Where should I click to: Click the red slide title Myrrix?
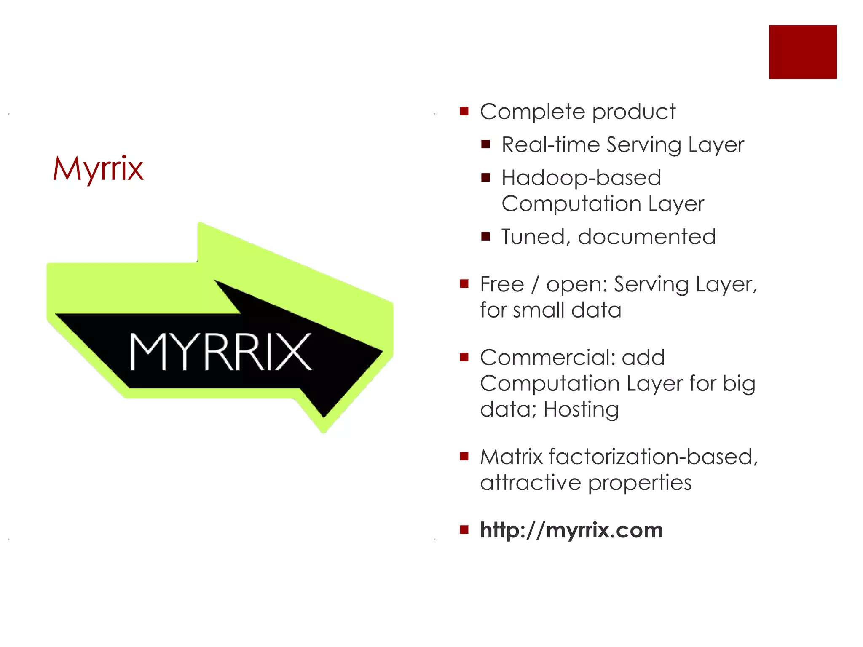click(x=98, y=168)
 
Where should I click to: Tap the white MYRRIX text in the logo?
click(x=220, y=352)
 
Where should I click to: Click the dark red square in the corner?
click(x=802, y=52)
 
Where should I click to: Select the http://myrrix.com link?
click(x=571, y=529)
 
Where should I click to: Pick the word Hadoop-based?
click(x=581, y=178)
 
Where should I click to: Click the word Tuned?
click(x=532, y=237)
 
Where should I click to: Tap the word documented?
click(x=647, y=237)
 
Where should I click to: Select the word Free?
click(x=502, y=284)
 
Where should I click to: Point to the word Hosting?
click(x=581, y=409)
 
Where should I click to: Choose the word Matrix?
click(x=511, y=457)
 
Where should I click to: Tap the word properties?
click(x=640, y=483)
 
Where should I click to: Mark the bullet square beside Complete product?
click(x=464, y=112)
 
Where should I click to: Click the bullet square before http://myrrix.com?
click(x=464, y=529)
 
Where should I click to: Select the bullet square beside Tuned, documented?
click(x=485, y=236)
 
